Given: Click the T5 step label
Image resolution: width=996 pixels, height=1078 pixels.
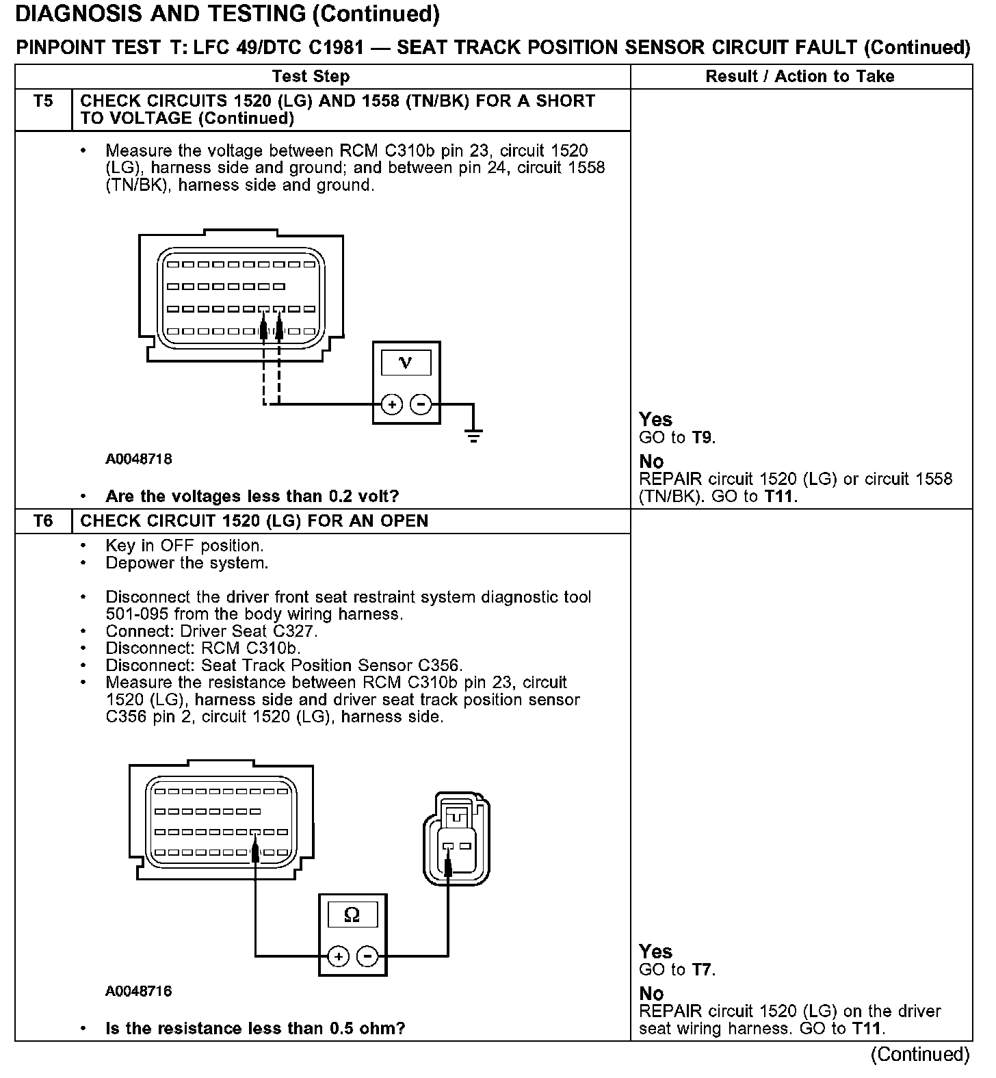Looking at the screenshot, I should (x=43, y=101).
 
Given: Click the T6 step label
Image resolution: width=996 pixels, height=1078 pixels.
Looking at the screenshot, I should (x=43, y=521).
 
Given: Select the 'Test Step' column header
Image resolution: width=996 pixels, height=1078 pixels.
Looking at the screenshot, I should (x=311, y=77).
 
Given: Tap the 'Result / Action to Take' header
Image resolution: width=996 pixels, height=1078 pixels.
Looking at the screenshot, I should (x=800, y=77).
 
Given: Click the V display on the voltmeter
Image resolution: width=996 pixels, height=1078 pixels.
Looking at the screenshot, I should (x=406, y=363).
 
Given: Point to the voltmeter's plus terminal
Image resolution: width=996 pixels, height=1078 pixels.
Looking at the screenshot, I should (x=392, y=405).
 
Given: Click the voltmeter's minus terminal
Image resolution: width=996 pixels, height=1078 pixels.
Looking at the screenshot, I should (x=421, y=405).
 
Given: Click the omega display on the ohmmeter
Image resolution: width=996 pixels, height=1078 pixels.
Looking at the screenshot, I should (x=352, y=915).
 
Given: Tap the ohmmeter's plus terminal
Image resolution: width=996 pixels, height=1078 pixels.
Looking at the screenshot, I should (x=338, y=956).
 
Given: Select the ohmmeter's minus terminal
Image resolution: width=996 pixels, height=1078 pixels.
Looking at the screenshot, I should (x=368, y=956).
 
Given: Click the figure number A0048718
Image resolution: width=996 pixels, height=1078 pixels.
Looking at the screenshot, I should (x=138, y=459).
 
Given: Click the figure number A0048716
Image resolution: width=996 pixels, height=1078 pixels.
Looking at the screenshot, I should (x=138, y=991).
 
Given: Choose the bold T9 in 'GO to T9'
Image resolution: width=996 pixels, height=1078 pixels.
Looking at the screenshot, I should (x=703, y=438).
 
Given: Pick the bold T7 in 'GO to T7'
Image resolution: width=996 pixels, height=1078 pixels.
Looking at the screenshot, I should (x=703, y=970).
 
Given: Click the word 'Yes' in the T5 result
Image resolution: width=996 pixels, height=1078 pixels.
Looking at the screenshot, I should (x=655, y=419).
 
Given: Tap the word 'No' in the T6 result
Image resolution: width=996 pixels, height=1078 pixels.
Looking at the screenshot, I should (x=651, y=993).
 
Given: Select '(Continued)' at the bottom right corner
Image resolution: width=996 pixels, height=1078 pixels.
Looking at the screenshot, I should (x=920, y=1054).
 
